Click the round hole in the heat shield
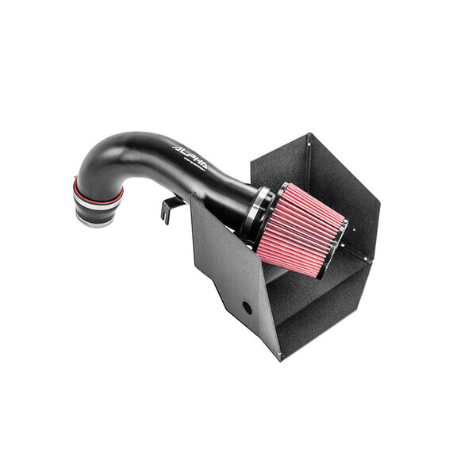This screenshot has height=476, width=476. pyautogui.click(x=248, y=307)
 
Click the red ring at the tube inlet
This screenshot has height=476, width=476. pyautogui.click(x=96, y=190)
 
